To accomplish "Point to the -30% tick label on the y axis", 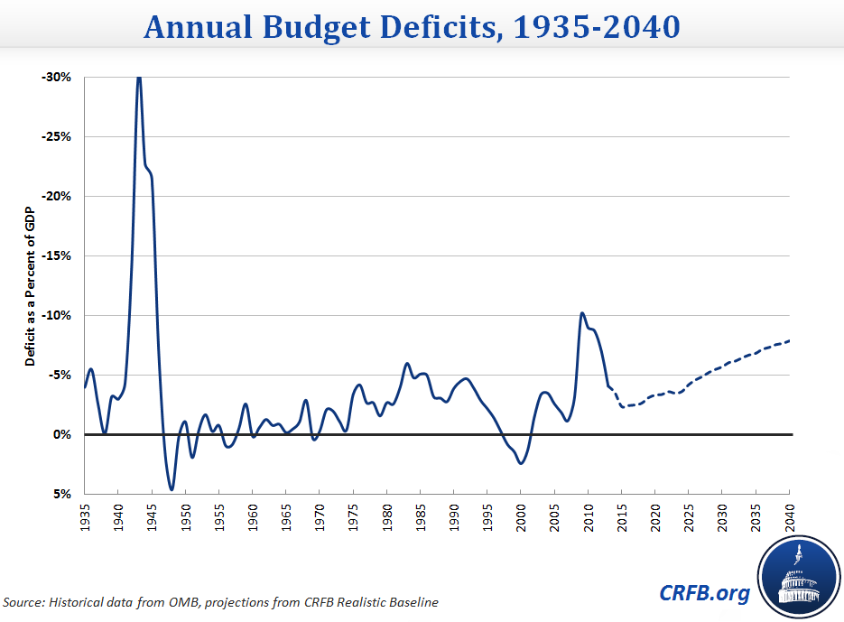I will click(56, 78).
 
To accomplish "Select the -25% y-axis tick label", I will click(56, 137).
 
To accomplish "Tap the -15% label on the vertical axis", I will click(56, 255).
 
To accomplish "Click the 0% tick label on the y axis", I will click(61, 434).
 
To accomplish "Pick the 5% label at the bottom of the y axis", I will click(61, 494).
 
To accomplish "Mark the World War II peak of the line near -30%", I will click(138, 78).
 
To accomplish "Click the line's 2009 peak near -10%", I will click(582, 313).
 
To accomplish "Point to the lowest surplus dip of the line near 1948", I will click(172, 489).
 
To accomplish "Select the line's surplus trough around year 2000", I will click(521, 463).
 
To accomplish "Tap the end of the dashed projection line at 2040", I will click(790, 340).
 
